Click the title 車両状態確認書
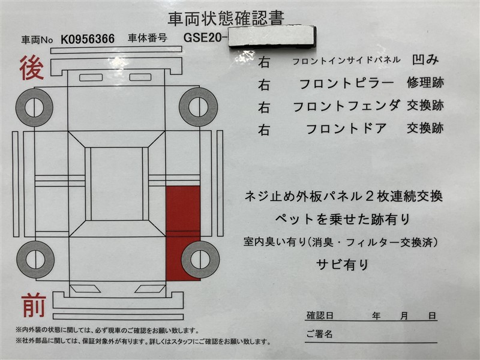point(226,19)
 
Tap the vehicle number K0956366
point(88,39)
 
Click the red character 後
point(32,68)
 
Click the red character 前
point(34,305)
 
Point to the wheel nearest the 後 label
point(34,107)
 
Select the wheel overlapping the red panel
point(200,260)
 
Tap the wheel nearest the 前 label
point(35,260)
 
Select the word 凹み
point(425,60)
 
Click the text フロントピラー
point(346,83)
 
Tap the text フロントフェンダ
point(347,106)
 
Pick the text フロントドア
point(346,128)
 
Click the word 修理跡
point(425,83)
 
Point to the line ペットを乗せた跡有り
point(343,219)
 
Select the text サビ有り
point(343,265)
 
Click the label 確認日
point(320,316)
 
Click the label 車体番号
point(148,38)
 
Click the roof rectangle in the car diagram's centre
point(116,184)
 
